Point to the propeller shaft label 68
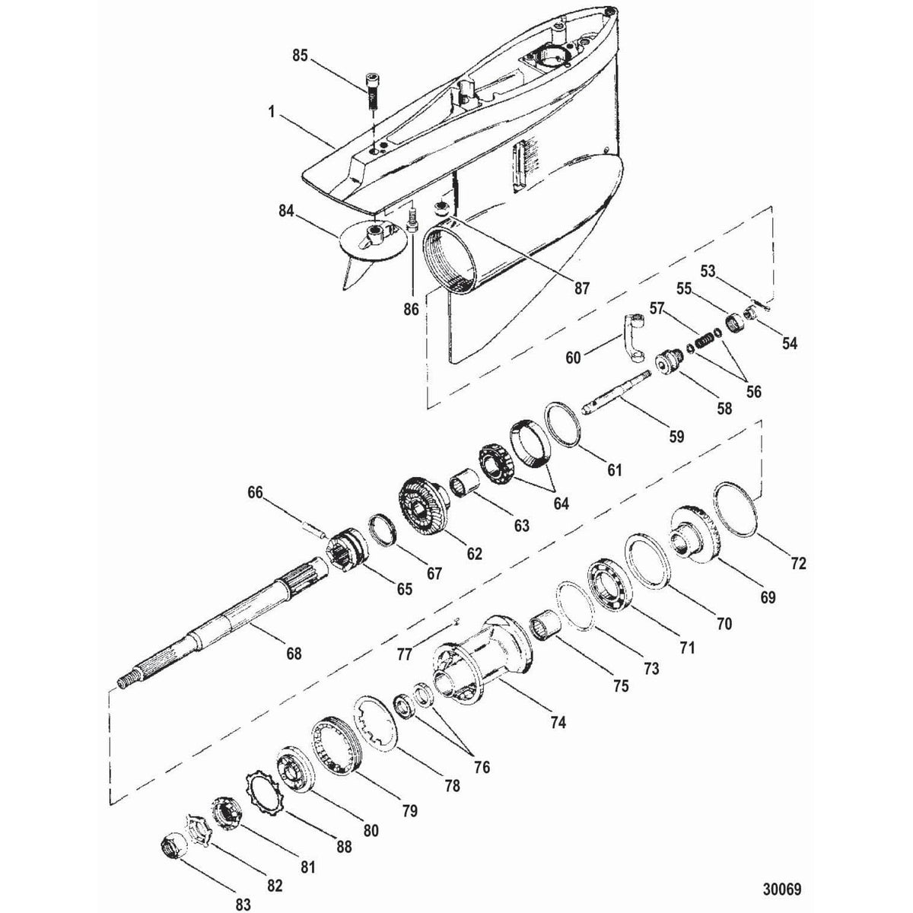point(294,653)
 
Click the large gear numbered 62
point(423,507)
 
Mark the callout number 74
point(558,724)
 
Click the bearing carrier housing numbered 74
point(479,662)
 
